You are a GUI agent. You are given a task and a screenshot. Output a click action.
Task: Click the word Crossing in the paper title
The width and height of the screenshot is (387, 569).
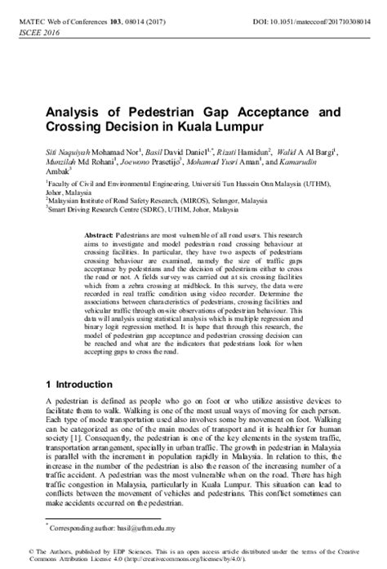click(74, 129)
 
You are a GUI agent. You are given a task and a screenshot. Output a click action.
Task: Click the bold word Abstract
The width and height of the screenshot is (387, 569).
click(99, 234)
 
